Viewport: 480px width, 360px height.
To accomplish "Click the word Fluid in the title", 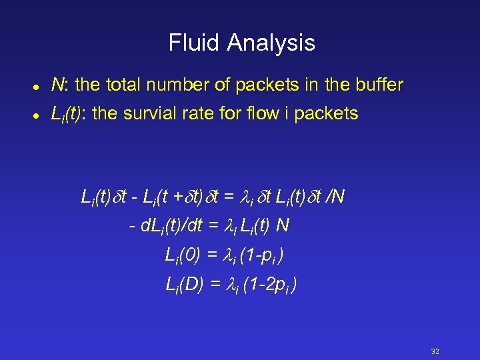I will pyautogui.click(x=194, y=43).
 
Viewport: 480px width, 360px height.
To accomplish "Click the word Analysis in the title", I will pyautogui.click(x=271, y=43).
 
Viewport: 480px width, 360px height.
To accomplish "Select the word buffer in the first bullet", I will pyautogui.click(x=378, y=85).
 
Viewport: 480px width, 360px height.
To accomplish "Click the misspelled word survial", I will pyautogui.click(x=144, y=114).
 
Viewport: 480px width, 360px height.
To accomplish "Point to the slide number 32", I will pyautogui.click(x=436, y=352).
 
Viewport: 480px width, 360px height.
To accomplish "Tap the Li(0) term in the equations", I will pyautogui.click(x=182, y=255).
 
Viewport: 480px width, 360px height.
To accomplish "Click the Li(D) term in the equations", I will pyautogui.click(x=184, y=285).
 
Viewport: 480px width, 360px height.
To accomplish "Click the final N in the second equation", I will pyautogui.click(x=282, y=226).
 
